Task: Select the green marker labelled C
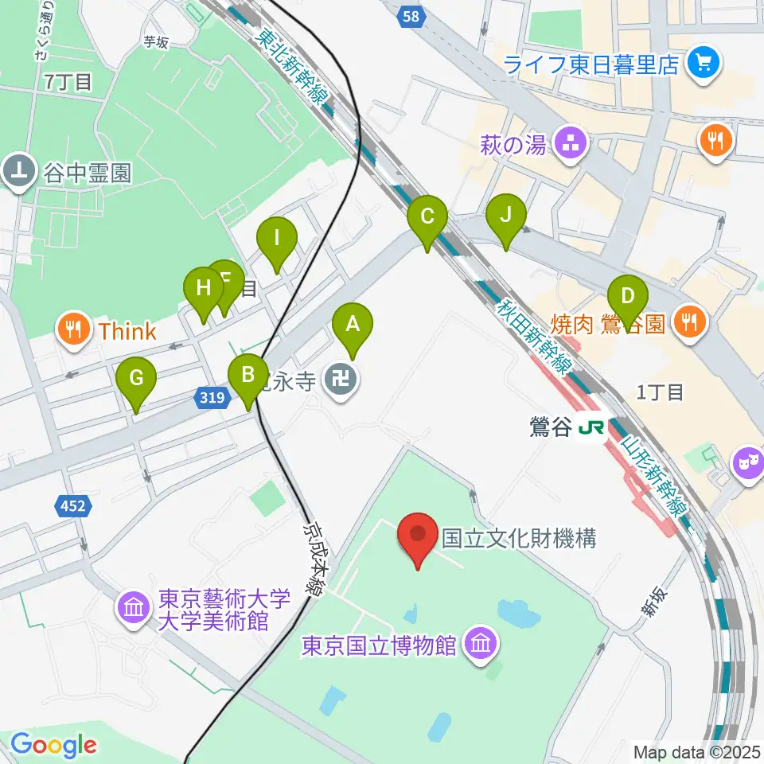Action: (427, 216)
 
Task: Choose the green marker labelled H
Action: (203, 290)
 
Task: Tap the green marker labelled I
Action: (277, 239)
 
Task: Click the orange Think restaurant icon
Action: (74, 329)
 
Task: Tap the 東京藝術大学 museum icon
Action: (134, 609)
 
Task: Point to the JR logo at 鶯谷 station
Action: (591, 428)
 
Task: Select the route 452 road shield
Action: (76, 504)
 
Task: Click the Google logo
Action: (53, 746)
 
